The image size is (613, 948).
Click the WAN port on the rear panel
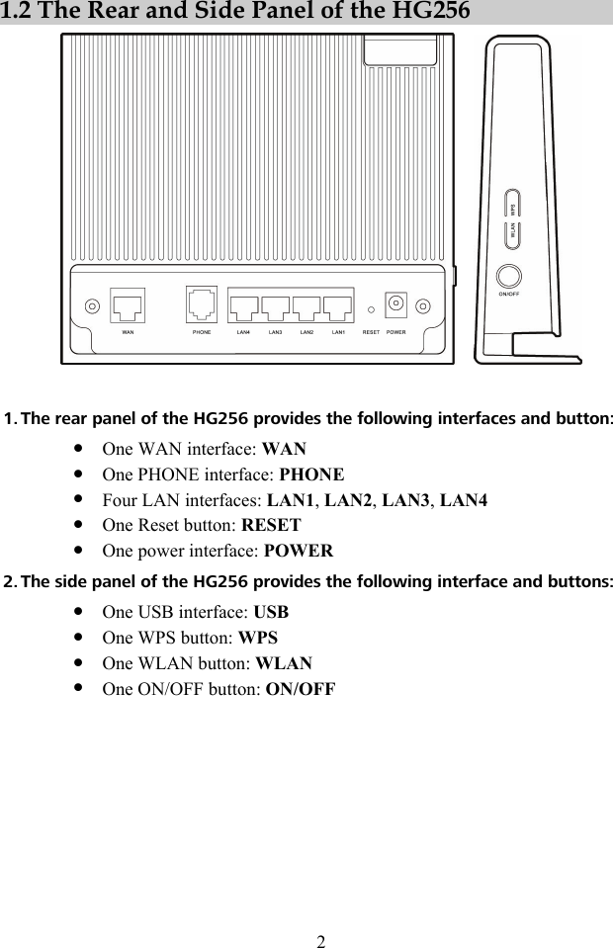pos(128,305)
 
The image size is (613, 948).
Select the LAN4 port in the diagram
pos(243,307)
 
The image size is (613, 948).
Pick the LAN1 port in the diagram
pos(338,307)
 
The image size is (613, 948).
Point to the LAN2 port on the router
pos(306,307)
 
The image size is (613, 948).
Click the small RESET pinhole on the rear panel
pos(372,306)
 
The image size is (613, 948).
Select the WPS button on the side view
pos(512,204)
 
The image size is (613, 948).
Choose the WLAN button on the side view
pos(512,235)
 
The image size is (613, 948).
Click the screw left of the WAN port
pos(91,306)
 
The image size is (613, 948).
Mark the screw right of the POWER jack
pos(426,306)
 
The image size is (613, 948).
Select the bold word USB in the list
pos(271,611)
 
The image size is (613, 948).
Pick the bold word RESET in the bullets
pos(271,525)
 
